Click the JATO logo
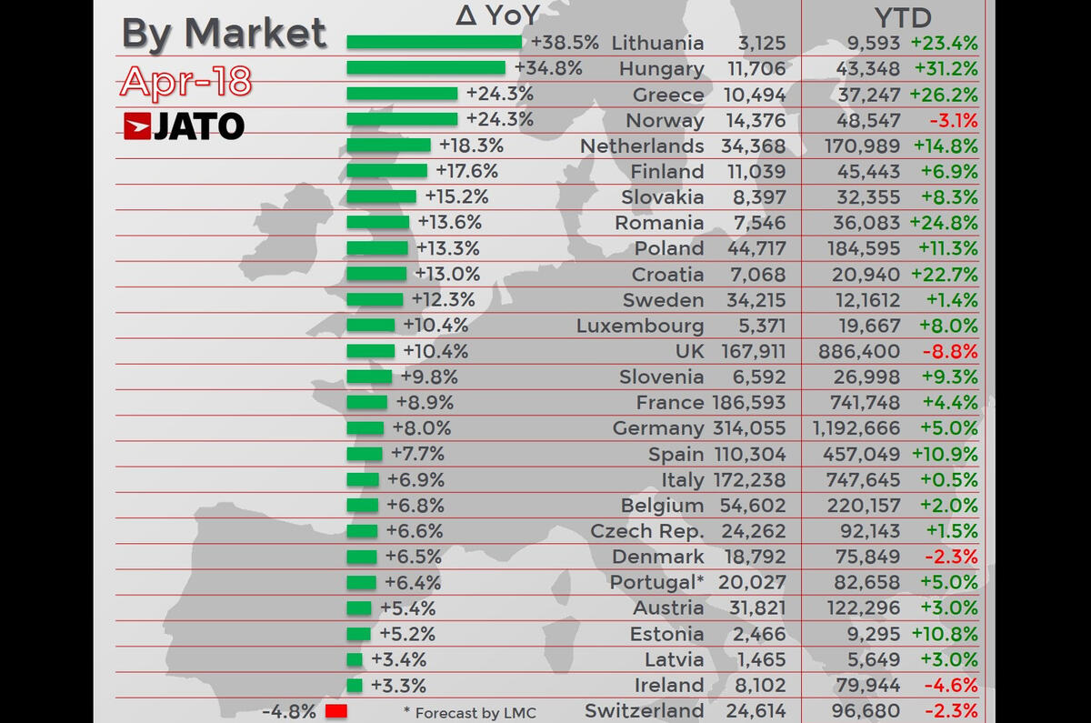click(x=184, y=126)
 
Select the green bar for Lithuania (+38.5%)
click(x=434, y=42)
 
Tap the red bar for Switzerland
click(x=336, y=711)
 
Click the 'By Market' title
click(x=224, y=34)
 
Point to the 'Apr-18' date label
click(x=185, y=82)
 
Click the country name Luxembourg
click(x=640, y=326)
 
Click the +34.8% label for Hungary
click(x=548, y=67)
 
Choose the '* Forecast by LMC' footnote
click(x=469, y=712)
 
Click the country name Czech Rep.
click(x=646, y=531)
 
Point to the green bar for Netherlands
click(x=388, y=145)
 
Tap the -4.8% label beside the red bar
click(x=288, y=711)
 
